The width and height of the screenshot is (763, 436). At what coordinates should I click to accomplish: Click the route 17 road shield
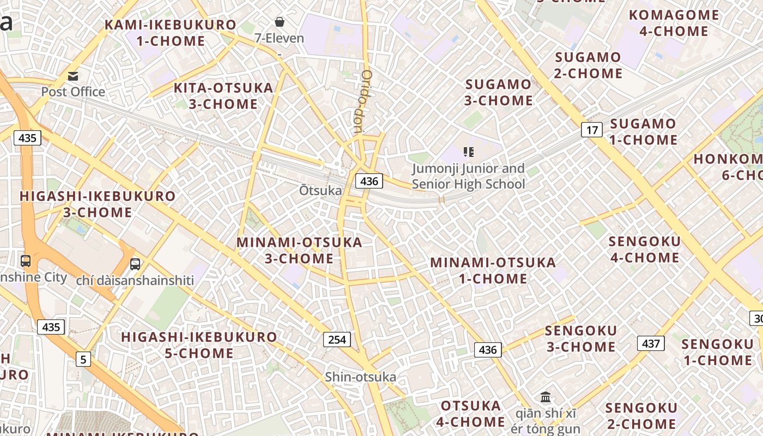click(592, 130)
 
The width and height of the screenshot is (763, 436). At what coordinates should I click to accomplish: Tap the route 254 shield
click(337, 340)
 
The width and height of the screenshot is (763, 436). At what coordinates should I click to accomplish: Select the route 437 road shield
click(651, 343)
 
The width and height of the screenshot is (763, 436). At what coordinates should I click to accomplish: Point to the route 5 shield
click(83, 359)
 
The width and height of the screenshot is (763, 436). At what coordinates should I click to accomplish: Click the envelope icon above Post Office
click(73, 76)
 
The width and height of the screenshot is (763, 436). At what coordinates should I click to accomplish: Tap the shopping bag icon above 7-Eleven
click(279, 22)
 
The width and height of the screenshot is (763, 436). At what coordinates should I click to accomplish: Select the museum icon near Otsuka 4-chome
click(546, 397)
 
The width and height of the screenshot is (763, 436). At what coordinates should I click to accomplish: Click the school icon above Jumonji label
click(468, 152)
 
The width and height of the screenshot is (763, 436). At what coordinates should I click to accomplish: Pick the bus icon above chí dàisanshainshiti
click(135, 264)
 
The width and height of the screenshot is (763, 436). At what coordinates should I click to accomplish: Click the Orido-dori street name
click(361, 102)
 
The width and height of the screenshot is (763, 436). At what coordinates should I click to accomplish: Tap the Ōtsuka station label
click(320, 191)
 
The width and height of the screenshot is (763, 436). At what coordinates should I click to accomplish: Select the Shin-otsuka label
click(360, 377)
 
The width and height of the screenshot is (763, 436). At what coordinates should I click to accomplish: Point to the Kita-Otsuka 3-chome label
click(223, 96)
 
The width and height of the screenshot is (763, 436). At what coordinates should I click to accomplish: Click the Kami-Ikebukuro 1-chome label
click(171, 33)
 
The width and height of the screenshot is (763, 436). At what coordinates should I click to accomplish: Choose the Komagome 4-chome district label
click(674, 23)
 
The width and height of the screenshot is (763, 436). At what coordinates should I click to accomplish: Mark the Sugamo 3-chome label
click(499, 93)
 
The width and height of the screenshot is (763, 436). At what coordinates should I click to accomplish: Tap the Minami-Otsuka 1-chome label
click(493, 270)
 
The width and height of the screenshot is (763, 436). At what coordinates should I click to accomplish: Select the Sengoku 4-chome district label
click(645, 249)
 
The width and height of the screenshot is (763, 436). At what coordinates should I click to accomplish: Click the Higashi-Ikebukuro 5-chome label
click(199, 345)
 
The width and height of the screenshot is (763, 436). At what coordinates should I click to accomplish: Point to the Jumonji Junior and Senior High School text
click(468, 176)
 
